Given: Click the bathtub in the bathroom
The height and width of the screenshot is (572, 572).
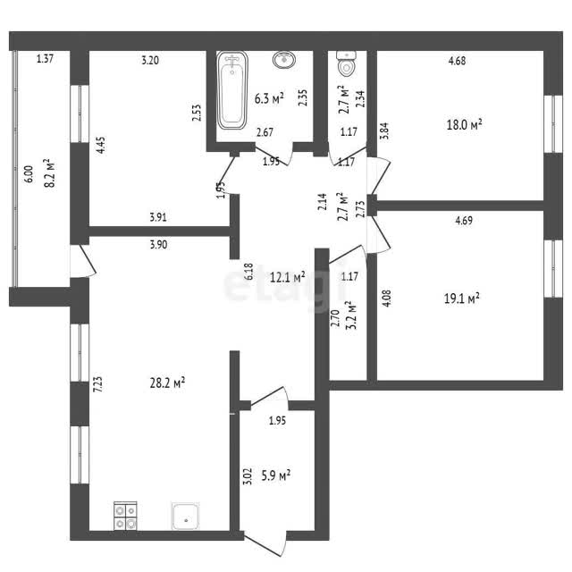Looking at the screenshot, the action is (232, 90).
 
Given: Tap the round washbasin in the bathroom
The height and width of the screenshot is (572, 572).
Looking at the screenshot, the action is (284, 60).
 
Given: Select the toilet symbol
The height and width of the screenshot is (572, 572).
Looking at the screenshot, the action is (346, 63).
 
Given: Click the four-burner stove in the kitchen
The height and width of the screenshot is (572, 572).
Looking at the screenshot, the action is (125, 517).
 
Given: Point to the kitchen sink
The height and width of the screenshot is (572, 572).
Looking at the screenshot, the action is (186, 517).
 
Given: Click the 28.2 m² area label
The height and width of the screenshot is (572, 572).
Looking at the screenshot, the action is (167, 383).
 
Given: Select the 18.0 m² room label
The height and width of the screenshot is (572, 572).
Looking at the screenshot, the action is (464, 125).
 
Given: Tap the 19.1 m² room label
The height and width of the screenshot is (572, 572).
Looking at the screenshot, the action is (461, 299).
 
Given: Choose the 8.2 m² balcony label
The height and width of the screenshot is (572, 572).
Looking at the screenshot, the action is (49, 172).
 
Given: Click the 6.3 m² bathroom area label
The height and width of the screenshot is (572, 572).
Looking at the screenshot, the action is (269, 98).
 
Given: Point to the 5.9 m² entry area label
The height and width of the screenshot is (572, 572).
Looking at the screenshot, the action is (276, 475).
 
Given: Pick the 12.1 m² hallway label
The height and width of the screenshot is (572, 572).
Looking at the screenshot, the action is (288, 278).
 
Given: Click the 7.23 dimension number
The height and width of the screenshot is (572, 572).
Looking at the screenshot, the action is (97, 384).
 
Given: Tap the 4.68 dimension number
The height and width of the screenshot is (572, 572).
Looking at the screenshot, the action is (457, 61).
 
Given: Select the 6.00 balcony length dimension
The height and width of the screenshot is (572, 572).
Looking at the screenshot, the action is (29, 174).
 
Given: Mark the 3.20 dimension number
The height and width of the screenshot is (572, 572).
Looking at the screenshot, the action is (150, 60).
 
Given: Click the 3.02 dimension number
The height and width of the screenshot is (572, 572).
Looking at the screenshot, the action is (248, 476).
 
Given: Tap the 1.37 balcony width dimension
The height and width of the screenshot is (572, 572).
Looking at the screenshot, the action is (46, 59).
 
